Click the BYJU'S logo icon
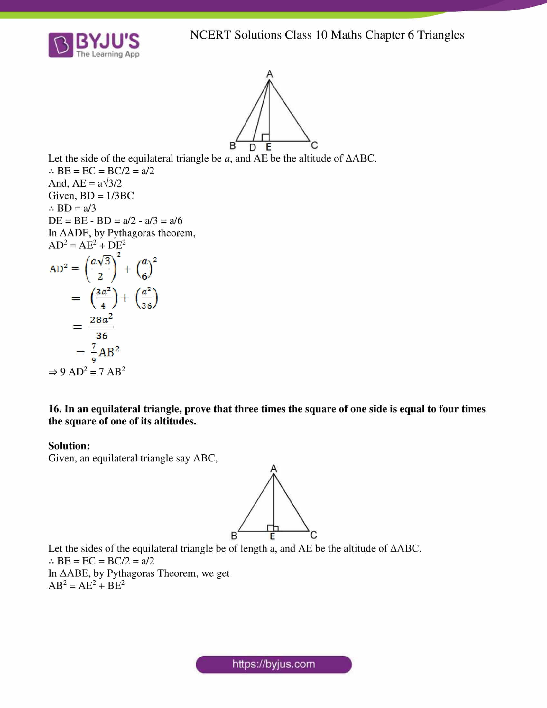click(60, 45)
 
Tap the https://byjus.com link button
click(273, 664)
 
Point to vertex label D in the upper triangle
click(253, 148)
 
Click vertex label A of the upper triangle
click(269, 74)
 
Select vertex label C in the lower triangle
click(313, 535)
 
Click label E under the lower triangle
click(273, 536)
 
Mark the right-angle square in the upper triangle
click(265, 137)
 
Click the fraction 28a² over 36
click(101, 327)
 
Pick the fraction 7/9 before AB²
click(94, 353)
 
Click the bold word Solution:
click(69, 446)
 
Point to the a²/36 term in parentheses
click(146, 298)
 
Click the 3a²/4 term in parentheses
click(103, 298)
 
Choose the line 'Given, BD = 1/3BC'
click(91, 195)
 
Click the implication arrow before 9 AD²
click(52, 372)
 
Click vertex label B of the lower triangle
click(234, 536)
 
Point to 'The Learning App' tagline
click(108, 54)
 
